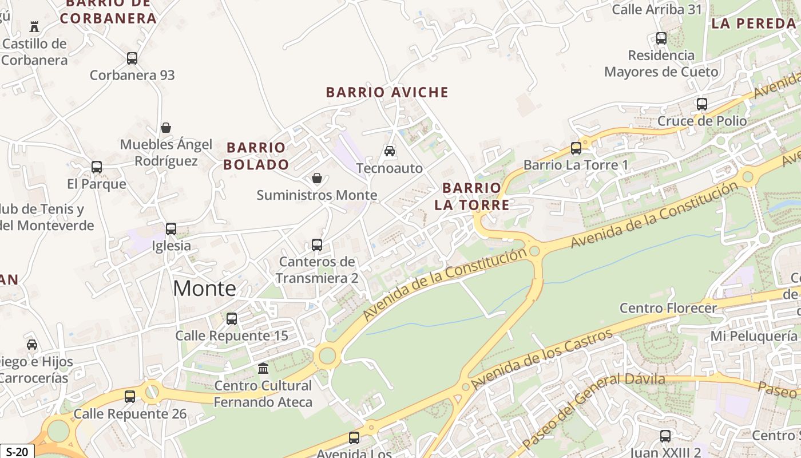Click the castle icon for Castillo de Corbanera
click(x=34, y=26)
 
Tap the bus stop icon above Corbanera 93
click(x=132, y=58)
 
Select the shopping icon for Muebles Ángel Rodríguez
click(x=166, y=127)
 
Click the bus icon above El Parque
click(x=97, y=167)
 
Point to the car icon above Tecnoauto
click(x=390, y=151)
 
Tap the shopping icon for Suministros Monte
click(x=317, y=178)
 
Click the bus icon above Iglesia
click(x=171, y=229)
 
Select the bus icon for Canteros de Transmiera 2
click(x=317, y=245)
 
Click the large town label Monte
click(x=204, y=288)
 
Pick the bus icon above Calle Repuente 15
click(x=232, y=319)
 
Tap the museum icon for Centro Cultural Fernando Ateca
click(x=263, y=368)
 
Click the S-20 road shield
click(x=17, y=452)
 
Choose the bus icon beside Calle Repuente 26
click(x=130, y=396)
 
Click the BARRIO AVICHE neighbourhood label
click(x=387, y=92)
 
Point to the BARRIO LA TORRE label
click(x=471, y=196)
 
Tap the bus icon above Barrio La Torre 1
click(x=576, y=148)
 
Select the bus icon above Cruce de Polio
click(x=702, y=104)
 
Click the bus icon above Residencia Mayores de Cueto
click(x=661, y=38)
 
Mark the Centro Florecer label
click(x=668, y=308)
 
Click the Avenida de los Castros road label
click(x=542, y=359)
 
